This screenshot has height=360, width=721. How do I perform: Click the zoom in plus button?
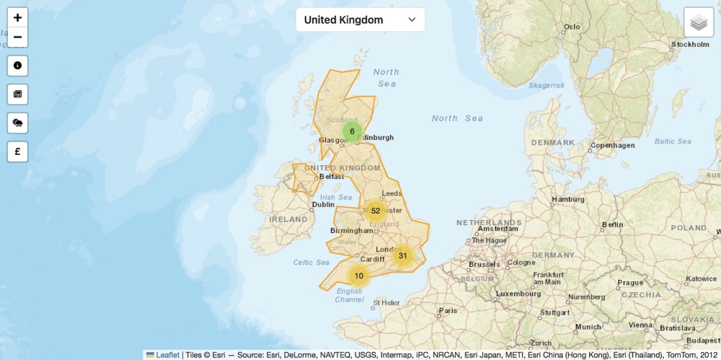17,18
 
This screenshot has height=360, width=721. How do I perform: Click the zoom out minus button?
17,38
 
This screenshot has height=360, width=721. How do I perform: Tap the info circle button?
17,65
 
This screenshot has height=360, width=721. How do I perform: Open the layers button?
698,22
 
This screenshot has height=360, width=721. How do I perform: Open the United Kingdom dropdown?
360,19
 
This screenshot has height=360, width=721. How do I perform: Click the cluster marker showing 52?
376,211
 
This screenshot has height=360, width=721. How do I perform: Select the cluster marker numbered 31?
403,255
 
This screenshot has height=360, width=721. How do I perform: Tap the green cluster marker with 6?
352,131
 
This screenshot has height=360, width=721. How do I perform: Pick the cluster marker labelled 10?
358,276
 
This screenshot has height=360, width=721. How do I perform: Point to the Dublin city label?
323,204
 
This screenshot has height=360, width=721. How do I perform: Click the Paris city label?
448,311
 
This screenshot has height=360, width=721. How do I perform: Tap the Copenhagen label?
612,145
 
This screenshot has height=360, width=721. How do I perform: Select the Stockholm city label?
690,45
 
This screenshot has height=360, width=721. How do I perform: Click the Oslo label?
572,27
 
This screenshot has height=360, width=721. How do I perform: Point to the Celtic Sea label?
311,263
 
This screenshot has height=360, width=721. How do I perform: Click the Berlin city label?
612,224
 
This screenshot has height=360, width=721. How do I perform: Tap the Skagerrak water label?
547,85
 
